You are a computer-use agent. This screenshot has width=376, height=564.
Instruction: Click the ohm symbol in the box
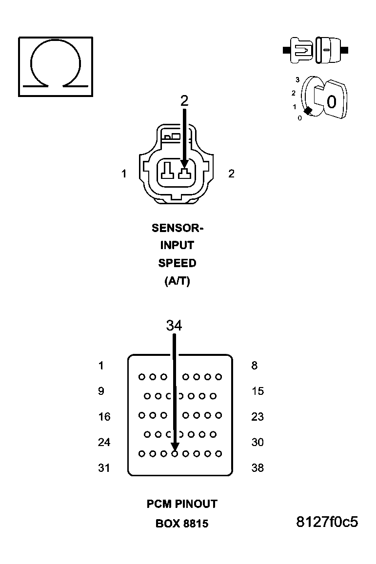click(x=56, y=66)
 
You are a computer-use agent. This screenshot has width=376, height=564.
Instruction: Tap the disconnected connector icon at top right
click(x=315, y=50)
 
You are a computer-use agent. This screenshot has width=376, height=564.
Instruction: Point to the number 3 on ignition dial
click(x=297, y=79)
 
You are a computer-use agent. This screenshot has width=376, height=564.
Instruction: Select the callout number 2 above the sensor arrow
click(x=184, y=101)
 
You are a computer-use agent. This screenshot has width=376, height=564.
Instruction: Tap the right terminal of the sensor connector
click(x=184, y=174)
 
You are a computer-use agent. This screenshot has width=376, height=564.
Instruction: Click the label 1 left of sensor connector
click(x=124, y=174)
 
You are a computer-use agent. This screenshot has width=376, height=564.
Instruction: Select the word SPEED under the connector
click(x=177, y=263)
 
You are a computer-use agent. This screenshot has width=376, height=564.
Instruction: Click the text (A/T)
click(x=177, y=281)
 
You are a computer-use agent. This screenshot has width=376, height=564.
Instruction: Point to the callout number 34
click(x=174, y=326)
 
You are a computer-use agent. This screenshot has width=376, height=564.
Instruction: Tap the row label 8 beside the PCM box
click(x=254, y=366)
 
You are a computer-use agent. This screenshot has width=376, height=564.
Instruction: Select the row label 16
click(x=104, y=417)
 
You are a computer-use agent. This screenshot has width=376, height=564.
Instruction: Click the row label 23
click(x=257, y=417)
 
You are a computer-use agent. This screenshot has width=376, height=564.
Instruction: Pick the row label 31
click(x=104, y=468)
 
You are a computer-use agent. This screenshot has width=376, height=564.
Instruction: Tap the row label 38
click(x=257, y=468)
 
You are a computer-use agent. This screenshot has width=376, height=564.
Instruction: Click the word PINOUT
click(x=193, y=504)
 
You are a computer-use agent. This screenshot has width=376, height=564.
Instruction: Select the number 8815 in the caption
click(x=196, y=524)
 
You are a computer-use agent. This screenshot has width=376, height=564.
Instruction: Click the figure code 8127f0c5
click(x=327, y=522)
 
